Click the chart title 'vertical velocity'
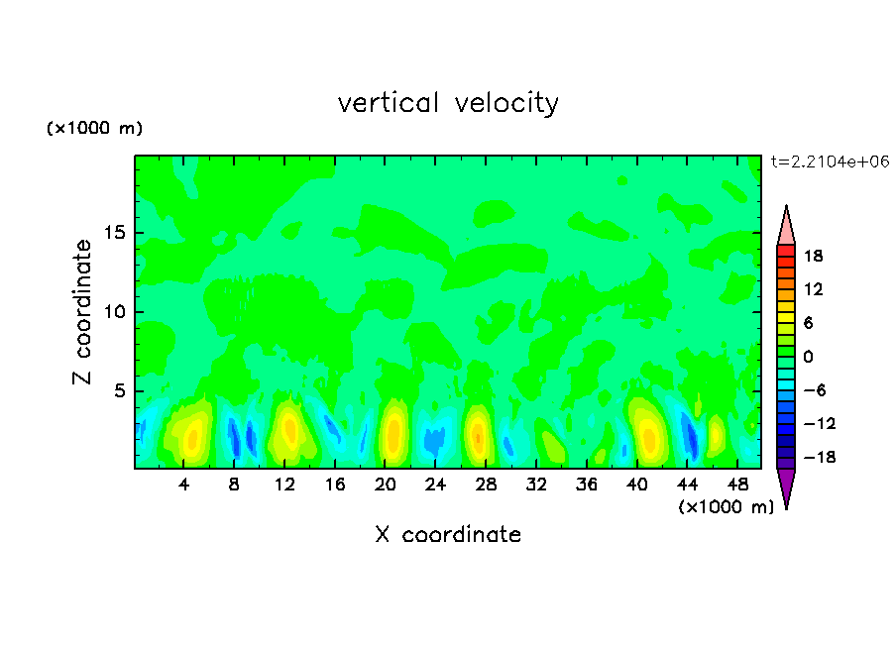tap(448, 103)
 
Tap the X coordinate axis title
tap(448, 535)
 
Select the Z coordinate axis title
tap(83, 312)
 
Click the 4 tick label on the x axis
tap(184, 486)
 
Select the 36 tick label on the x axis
tap(586, 486)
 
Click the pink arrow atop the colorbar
tap(786, 225)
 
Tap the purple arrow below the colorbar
tap(786, 487)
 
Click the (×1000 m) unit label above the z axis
tap(94, 129)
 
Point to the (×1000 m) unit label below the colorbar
tap(726, 507)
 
